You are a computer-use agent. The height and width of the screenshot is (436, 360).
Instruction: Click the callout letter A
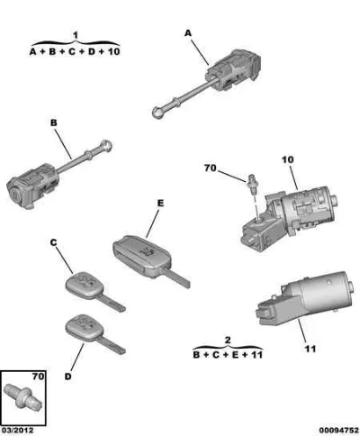click(188, 33)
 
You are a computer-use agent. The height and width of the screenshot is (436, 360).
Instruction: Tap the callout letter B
click(54, 123)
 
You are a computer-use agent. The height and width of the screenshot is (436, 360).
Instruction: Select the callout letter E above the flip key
click(161, 204)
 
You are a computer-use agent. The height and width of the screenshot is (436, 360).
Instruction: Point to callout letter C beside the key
click(53, 242)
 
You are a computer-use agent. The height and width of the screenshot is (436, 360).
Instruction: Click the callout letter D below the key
click(68, 377)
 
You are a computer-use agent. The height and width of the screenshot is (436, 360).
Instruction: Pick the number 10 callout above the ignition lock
click(288, 159)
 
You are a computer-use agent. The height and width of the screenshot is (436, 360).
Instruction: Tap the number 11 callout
click(310, 349)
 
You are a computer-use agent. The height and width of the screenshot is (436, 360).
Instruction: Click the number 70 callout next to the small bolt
click(210, 168)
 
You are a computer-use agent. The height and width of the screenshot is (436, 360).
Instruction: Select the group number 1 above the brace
click(76, 35)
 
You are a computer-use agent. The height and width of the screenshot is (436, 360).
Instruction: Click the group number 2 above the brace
click(228, 340)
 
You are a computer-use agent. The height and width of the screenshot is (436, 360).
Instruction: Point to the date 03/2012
click(17, 431)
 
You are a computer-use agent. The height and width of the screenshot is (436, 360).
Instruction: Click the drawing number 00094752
click(338, 431)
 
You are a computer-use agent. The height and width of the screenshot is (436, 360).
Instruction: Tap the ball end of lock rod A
click(157, 113)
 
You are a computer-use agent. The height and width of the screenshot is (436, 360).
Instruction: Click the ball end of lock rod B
click(106, 146)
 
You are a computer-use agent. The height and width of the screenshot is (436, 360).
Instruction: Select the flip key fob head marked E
click(142, 255)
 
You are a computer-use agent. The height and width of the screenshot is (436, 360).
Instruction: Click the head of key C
click(85, 285)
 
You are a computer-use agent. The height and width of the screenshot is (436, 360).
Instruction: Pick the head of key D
click(85, 328)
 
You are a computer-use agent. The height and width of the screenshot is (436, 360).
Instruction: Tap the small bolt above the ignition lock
click(251, 182)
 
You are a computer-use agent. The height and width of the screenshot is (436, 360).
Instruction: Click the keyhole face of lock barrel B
click(14, 193)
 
